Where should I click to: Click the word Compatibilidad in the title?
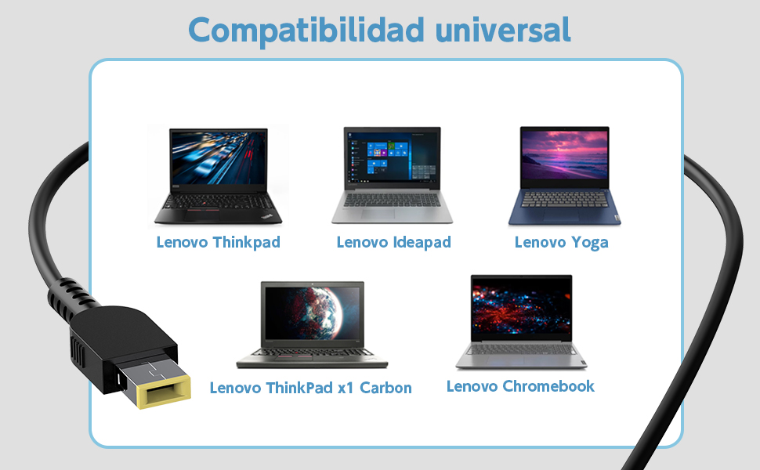(x=306, y=31)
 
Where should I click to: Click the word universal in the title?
(x=503, y=30)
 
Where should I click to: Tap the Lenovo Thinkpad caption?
(x=218, y=242)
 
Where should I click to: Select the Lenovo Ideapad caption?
(x=393, y=242)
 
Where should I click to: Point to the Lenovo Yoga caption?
(x=561, y=242)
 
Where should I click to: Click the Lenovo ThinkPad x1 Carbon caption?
(x=311, y=388)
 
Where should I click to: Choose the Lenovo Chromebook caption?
(x=520, y=386)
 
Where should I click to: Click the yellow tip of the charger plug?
(x=165, y=392)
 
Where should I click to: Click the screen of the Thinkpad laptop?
(x=219, y=157)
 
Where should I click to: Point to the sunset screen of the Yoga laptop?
(x=565, y=154)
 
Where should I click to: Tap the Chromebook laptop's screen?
(x=521, y=308)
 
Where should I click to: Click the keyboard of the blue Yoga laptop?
(x=565, y=199)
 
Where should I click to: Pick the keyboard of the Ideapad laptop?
(x=392, y=200)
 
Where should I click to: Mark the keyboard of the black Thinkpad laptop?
(x=218, y=201)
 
